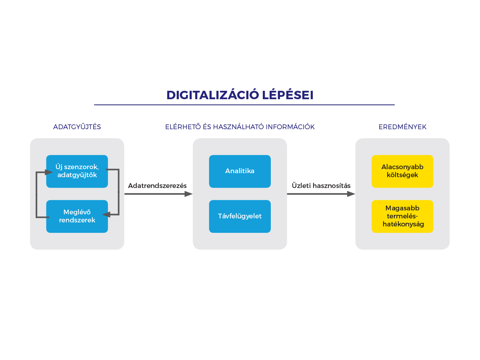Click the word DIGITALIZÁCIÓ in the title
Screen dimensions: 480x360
pos(212,95)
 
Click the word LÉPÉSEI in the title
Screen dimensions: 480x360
pos(288,95)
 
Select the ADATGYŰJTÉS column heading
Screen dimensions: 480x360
pos(77,127)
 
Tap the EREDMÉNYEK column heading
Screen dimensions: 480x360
pos(402,127)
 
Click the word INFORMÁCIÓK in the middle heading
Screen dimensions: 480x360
pos(290,127)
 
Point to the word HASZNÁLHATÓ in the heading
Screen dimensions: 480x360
pos(238,127)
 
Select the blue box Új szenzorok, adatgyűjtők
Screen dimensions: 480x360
pos(77,171)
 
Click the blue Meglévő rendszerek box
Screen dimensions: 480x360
pos(77,216)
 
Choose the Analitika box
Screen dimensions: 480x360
pos(240,171)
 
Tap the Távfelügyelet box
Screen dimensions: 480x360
pos(240,216)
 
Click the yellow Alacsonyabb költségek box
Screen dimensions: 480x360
pos(402,171)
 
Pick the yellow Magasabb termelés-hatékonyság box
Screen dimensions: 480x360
pos(402,216)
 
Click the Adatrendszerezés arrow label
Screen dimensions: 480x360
pos(157,186)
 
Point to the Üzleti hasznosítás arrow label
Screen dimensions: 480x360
pos(321,185)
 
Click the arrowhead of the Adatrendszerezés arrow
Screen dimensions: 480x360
pos(188,194)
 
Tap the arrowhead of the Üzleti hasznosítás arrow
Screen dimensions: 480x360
pos(351,194)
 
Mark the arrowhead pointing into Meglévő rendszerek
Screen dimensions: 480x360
pos(106,215)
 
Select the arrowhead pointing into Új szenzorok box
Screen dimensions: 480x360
pos(49,172)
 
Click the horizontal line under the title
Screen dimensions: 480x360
pos(244,105)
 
